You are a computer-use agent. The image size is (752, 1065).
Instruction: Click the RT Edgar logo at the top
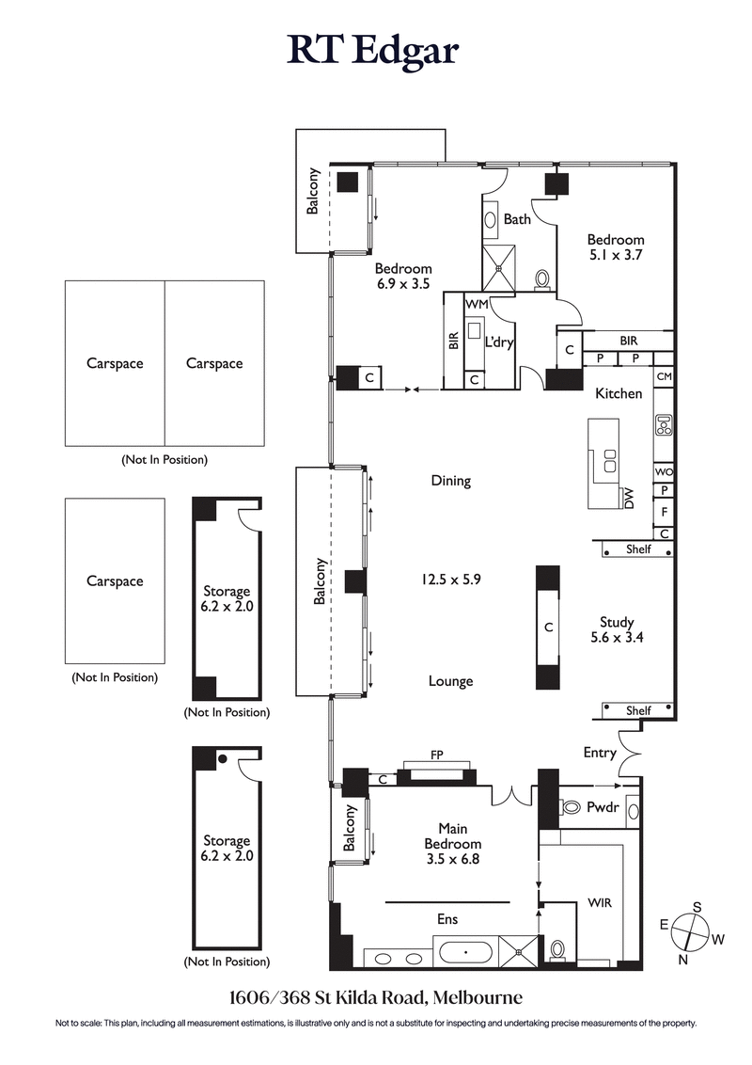point(373,51)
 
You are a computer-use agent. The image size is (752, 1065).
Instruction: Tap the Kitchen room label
point(618,393)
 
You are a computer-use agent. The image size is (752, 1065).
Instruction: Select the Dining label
point(450,481)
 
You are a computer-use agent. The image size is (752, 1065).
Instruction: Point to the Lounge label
point(450,681)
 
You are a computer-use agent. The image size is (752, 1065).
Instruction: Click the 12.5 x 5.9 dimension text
point(450,580)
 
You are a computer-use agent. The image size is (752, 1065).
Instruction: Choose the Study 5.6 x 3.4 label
point(617,629)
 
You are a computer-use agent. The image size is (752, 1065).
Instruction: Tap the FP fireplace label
point(436,754)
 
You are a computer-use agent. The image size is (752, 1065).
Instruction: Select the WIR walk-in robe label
point(599,902)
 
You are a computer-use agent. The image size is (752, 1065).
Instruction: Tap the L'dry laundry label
point(499,342)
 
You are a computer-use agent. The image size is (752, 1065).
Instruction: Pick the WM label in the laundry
point(477,305)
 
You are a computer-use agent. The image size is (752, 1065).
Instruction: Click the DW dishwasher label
point(629,499)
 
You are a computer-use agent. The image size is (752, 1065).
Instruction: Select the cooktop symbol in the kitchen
point(663,425)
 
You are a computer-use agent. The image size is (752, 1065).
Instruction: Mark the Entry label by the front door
point(600,753)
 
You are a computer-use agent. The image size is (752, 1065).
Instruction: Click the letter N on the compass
point(683,960)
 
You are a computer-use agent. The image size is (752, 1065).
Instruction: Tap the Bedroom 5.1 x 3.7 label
point(616,247)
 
